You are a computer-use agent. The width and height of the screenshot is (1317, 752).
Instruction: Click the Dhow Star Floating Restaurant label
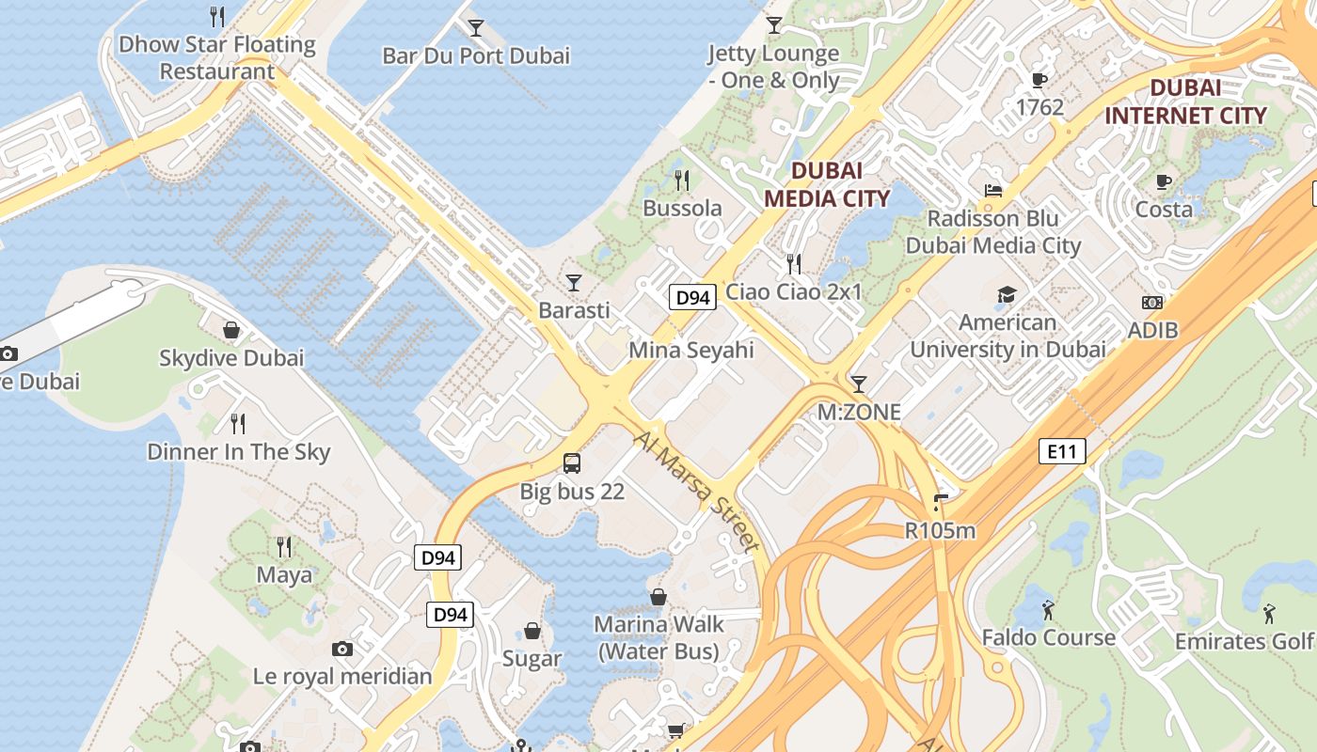[216, 57]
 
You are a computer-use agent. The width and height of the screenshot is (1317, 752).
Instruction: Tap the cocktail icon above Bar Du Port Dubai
[476, 27]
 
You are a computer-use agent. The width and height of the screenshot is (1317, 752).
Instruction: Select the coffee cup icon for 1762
[1039, 80]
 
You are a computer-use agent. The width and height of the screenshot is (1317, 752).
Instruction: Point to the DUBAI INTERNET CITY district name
[1185, 102]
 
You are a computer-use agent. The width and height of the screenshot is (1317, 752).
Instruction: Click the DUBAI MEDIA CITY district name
[826, 184]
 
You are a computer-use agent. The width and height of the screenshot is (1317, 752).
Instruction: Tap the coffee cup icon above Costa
[1164, 181]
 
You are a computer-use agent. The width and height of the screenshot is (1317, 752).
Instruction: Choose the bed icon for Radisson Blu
[992, 191]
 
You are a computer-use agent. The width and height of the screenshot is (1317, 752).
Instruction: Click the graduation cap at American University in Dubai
[1008, 294]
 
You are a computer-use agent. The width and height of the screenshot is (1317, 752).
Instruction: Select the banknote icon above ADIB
[1152, 303]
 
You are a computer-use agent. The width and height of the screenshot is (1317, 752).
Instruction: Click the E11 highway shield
[1062, 452]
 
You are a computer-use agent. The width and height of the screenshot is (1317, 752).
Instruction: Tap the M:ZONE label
[858, 412]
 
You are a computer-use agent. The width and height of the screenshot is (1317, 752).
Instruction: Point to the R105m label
[940, 530]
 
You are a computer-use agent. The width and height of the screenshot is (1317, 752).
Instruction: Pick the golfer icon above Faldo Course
[1048, 610]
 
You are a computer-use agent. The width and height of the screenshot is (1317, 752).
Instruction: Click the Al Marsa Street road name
[696, 492]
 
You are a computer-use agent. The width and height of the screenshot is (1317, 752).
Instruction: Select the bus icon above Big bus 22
[572, 462]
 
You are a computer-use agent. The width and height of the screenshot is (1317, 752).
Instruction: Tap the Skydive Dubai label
[231, 358]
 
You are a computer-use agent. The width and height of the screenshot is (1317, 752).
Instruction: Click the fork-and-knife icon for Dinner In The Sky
[238, 424]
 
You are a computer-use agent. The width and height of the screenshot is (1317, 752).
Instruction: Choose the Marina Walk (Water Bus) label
[658, 636]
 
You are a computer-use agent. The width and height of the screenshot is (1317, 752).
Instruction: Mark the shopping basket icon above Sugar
[532, 631]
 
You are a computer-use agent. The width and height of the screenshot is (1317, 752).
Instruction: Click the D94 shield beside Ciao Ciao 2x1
[693, 298]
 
